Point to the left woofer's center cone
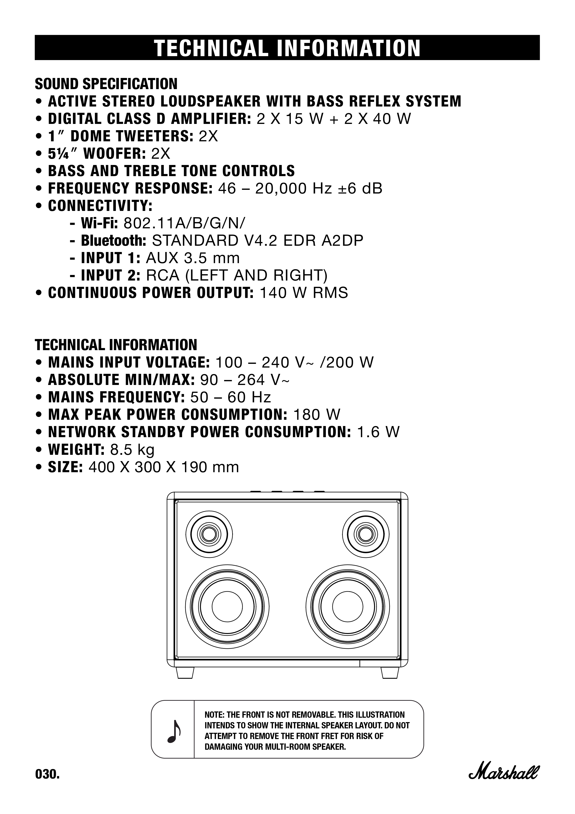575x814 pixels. [227, 606]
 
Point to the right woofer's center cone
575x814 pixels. [348, 606]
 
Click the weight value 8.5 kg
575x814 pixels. [132, 449]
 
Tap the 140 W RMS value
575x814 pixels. [304, 293]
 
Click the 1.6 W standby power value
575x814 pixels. [378, 432]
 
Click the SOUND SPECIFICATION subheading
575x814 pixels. [106, 84]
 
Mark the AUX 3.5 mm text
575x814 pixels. [193, 258]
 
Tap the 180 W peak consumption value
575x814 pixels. [317, 414]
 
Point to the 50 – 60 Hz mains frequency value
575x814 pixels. [231, 397]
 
